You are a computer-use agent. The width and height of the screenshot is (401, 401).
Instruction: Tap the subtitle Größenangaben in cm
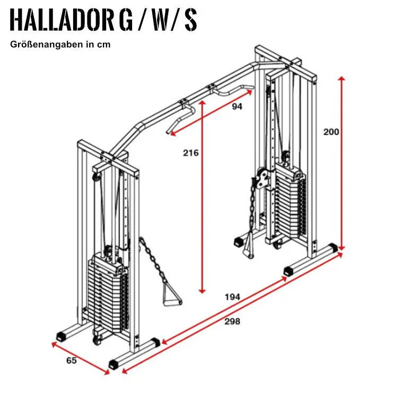[60, 45]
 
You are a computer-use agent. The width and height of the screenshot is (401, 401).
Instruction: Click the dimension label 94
[237, 107]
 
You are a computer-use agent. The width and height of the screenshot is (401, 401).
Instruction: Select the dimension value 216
[190, 153]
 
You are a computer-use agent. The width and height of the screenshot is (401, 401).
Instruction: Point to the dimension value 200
[331, 132]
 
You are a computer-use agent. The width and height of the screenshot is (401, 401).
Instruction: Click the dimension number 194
[232, 297]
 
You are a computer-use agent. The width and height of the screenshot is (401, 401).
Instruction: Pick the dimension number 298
[232, 321]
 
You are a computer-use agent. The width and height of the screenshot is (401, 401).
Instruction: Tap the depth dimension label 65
[72, 361]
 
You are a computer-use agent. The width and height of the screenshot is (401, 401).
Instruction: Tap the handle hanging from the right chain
[247, 247]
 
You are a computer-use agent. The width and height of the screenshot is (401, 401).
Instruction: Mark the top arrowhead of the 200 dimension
[342, 79]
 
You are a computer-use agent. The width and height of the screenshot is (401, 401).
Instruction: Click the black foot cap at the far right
[333, 248]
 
